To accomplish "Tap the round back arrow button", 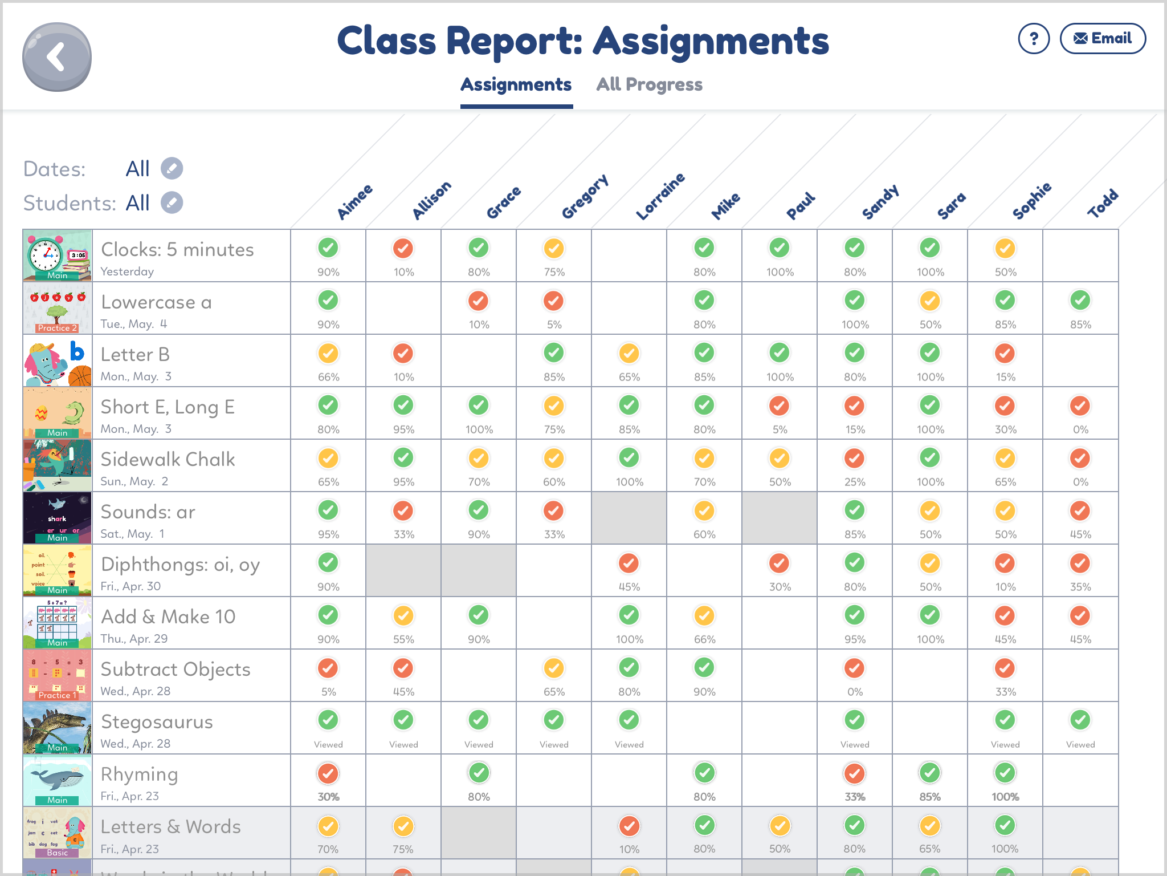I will tap(56, 57).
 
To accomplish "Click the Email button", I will tap(1102, 39).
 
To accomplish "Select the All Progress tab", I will tap(649, 84).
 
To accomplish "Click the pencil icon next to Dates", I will tap(172, 168).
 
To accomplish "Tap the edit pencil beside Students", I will tap(172, 202).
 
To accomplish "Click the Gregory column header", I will tap(585, 197).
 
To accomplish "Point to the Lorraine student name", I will tap(660, 197).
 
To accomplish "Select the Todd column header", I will tap(1103, 204).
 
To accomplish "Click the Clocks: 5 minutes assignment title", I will tap(177, 249).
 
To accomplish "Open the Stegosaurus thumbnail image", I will tap(57, 728).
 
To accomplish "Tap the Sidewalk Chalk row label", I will tap(168, 459).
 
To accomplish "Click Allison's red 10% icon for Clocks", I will tap(403, 249).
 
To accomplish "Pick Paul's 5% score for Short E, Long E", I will tap(779, 407).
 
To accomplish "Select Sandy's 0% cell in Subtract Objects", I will tap(854, 668).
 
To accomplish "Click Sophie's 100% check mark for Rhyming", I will tap(1005, 773).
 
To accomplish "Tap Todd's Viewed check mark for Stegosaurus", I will tap(1080, 720).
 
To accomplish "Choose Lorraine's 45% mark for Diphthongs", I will tap(629, 563).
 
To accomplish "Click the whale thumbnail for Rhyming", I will tap(57, 780).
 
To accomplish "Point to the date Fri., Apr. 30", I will tap(130, 586).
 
